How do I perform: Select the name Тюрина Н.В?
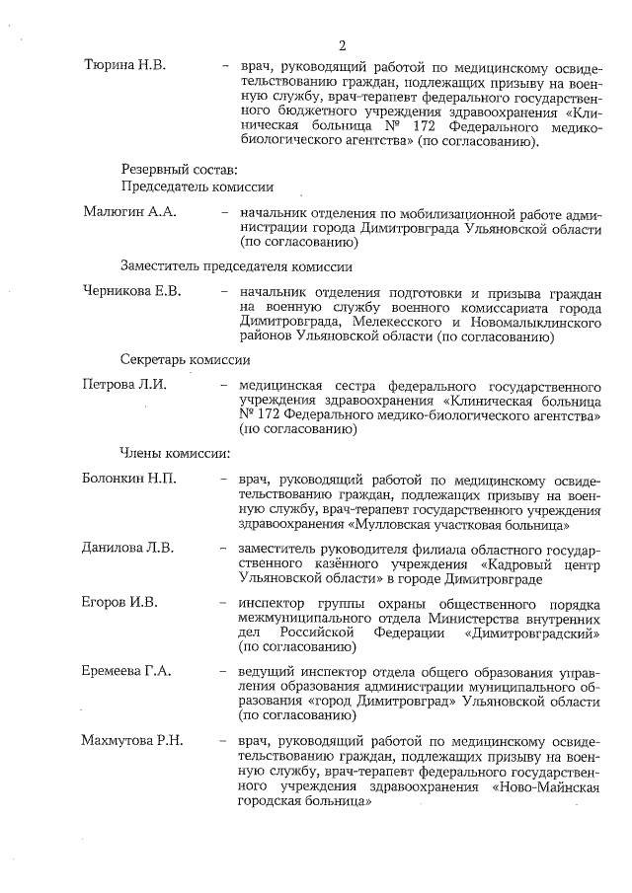124,65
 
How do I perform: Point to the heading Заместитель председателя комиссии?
237,266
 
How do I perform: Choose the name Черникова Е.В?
132,293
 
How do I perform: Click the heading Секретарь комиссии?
186,360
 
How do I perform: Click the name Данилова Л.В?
128,548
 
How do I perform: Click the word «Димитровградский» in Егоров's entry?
540,633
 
